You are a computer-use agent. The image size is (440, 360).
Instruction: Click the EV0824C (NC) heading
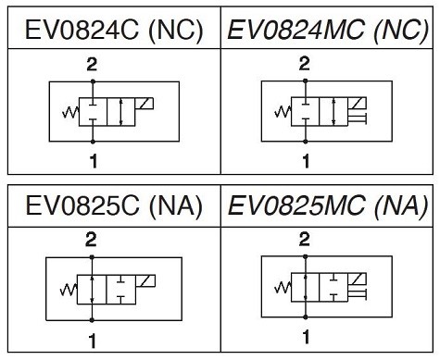(x=114, y=30)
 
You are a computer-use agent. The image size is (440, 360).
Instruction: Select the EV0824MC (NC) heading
(x=328, y=30)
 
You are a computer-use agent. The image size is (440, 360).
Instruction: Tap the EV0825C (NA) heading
(x=114, y=205)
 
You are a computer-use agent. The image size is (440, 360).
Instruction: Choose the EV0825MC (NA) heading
(x=328, y=205)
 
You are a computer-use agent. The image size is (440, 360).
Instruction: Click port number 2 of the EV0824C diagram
(x=92, y=65)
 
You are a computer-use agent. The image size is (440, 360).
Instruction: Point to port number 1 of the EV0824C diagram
(x=94, y=161)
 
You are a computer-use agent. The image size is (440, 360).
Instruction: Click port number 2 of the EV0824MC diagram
(x=305, y=64)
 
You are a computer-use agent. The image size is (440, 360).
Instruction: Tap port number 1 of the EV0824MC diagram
(x=306, y=161)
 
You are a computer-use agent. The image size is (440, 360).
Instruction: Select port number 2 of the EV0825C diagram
(x=91, y=240)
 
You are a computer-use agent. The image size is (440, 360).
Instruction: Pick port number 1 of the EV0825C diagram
(x=93, y=341)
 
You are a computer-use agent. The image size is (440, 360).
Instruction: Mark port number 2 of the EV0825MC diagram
(x=305, y=240)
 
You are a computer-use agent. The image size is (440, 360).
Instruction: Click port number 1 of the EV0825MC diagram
(x=306, y=337)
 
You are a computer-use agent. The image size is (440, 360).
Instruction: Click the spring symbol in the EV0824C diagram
(x=70, y=112)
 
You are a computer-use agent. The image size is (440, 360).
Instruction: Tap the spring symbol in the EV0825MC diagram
(x=283, y=288)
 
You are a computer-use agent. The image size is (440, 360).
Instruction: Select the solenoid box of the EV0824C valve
(x=145, y=104)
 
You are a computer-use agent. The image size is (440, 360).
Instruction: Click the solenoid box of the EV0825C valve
(x=145, y=280)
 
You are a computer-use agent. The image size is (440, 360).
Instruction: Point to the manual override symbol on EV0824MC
(x=358, y=118)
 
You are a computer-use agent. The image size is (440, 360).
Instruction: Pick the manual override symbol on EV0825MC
(x=358, y=294)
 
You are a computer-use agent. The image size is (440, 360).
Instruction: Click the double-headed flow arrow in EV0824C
(x=121, y=112)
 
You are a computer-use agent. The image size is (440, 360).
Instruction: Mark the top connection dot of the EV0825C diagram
(x=92, y=257)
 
